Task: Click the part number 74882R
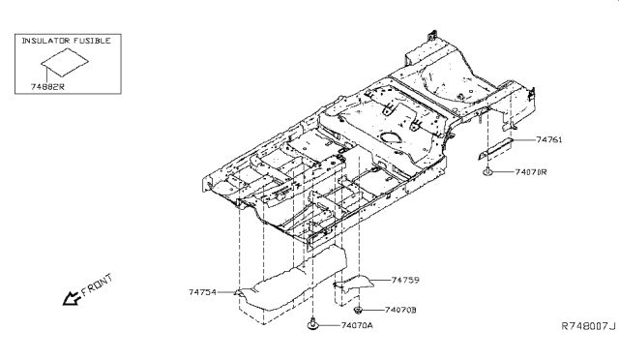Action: click(x=47, y=87)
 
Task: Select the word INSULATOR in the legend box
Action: click(x=45, y=41)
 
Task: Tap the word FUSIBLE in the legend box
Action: click(x=92, y=41)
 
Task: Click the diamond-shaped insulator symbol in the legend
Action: click(x=65, y=63)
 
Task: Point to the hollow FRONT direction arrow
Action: click(x=71, y=298)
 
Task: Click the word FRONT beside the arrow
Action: click(x=97, y=285)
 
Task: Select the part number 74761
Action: click(x=549, y=139)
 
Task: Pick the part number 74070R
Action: click(x=531, y=172)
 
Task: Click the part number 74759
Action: click(x=405, y=280)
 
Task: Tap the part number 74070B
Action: click(x=400, y=310)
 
